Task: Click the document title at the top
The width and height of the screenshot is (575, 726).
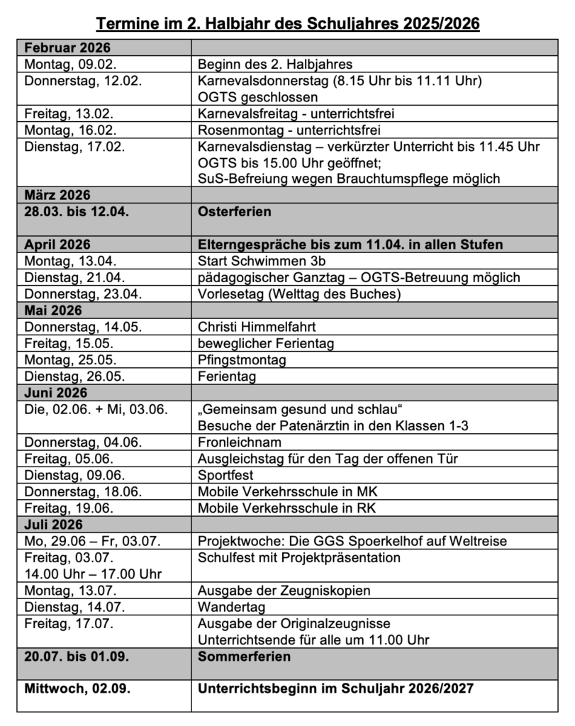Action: tap(287, 24)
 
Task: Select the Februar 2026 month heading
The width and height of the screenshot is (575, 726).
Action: tap(69, 48)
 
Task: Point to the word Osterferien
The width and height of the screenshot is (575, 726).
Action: tap(235, 212)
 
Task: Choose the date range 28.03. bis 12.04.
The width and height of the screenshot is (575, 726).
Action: tap(77, 212)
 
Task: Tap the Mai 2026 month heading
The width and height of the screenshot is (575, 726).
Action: tap(53, 310)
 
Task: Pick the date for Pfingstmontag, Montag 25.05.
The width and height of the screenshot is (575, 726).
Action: tap(70, 359)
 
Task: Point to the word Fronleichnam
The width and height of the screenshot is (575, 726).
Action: tap(236, 442)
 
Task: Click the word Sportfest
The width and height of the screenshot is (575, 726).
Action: tap(225, 474)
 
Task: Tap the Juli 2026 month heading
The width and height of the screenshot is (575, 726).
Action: tap(53, 525)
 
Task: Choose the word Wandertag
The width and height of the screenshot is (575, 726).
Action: tap(228, 606)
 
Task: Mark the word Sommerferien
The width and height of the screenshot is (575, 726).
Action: tap(244, 656)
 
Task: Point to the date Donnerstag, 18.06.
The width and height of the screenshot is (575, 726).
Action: tap(82, 491)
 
